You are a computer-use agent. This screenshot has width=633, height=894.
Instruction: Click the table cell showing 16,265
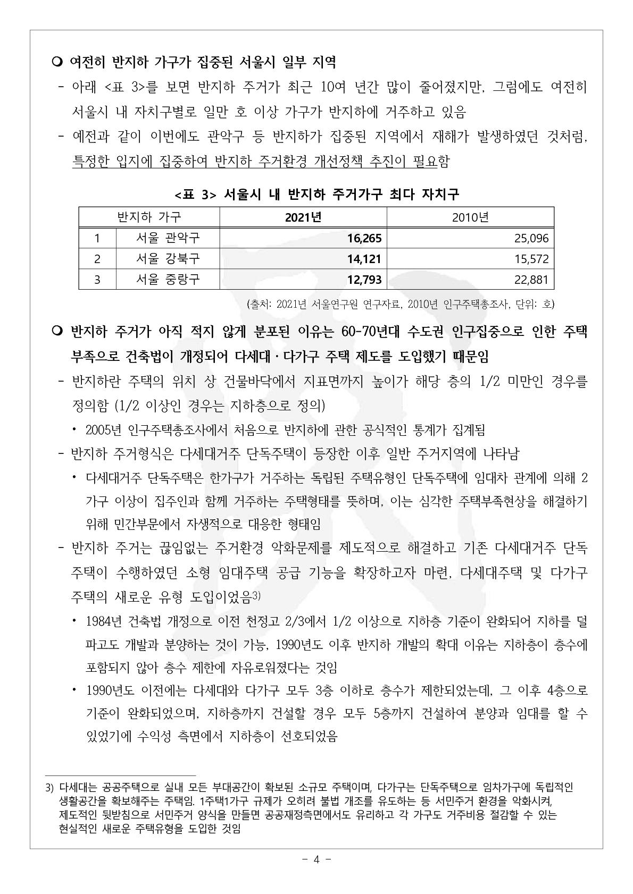coord(364,238)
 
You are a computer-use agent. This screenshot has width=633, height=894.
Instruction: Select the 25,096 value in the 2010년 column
coord(531,238)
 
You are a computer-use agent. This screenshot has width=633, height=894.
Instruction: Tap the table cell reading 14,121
coord(364,259)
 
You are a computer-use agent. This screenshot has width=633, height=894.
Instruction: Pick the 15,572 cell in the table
coord(531,259)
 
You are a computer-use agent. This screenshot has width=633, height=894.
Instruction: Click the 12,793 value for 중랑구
coord(364,280)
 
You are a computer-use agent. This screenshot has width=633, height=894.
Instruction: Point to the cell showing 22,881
coord(531,280)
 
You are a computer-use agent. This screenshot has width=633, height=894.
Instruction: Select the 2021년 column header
coord(303,217)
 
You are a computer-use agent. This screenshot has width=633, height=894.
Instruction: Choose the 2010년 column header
coord(470,217)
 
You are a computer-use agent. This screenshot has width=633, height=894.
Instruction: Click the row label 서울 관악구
coord(168,238)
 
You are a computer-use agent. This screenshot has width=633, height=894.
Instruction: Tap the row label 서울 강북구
coord(168,259)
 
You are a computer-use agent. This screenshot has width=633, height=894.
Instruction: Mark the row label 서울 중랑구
coord(168,280)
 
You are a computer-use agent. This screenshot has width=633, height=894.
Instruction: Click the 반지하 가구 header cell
coord(149,217)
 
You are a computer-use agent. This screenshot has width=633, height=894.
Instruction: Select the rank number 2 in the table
coord(97,259)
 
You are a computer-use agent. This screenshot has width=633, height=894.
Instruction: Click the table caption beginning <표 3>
coord(316,195)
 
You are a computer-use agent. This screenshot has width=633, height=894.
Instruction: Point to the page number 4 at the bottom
coord(316,859)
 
